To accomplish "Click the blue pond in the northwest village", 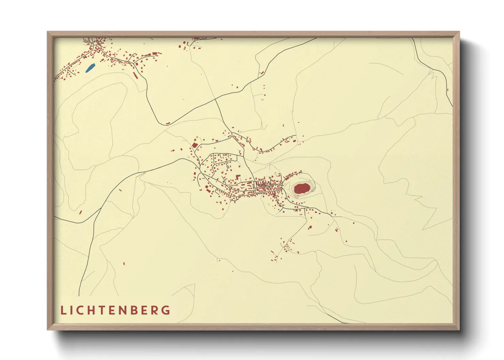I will coord(90,68).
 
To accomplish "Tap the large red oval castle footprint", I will coord(302,188).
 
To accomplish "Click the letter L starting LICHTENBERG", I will coord(63,310).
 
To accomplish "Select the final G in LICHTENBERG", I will coord(166,310).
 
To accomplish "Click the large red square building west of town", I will coord(195,145).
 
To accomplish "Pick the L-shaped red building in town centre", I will coord(238,177).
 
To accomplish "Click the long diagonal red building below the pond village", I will coord(136,75).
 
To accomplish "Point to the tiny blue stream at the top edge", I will coord(151,38).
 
